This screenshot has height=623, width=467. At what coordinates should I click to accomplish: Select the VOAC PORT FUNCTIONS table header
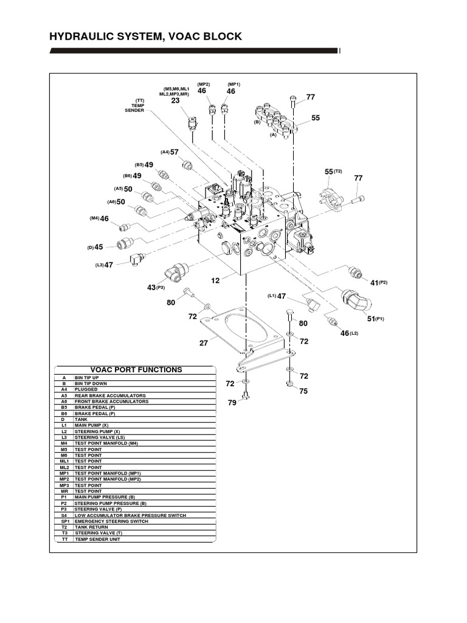(136, 369)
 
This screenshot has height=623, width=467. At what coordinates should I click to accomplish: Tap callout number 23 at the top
(175, 101)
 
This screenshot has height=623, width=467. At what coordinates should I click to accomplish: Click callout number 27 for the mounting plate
(204, 343)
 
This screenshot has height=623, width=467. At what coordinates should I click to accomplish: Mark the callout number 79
(232, 403)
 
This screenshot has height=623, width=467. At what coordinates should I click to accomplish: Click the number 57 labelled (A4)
(174, 152)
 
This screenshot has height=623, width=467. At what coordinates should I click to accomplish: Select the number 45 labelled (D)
(99, 247)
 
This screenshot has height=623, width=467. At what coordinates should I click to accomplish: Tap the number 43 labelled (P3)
(151, 287)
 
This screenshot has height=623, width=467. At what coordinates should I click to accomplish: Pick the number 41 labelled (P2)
(375, 282)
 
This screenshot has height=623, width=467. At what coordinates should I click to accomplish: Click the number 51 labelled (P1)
(372, 318)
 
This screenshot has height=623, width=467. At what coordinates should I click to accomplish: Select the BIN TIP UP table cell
(89, 378)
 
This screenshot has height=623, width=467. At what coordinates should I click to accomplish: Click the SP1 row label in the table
(63, 521)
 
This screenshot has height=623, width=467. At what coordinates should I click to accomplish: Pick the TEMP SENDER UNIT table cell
(97, 538)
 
